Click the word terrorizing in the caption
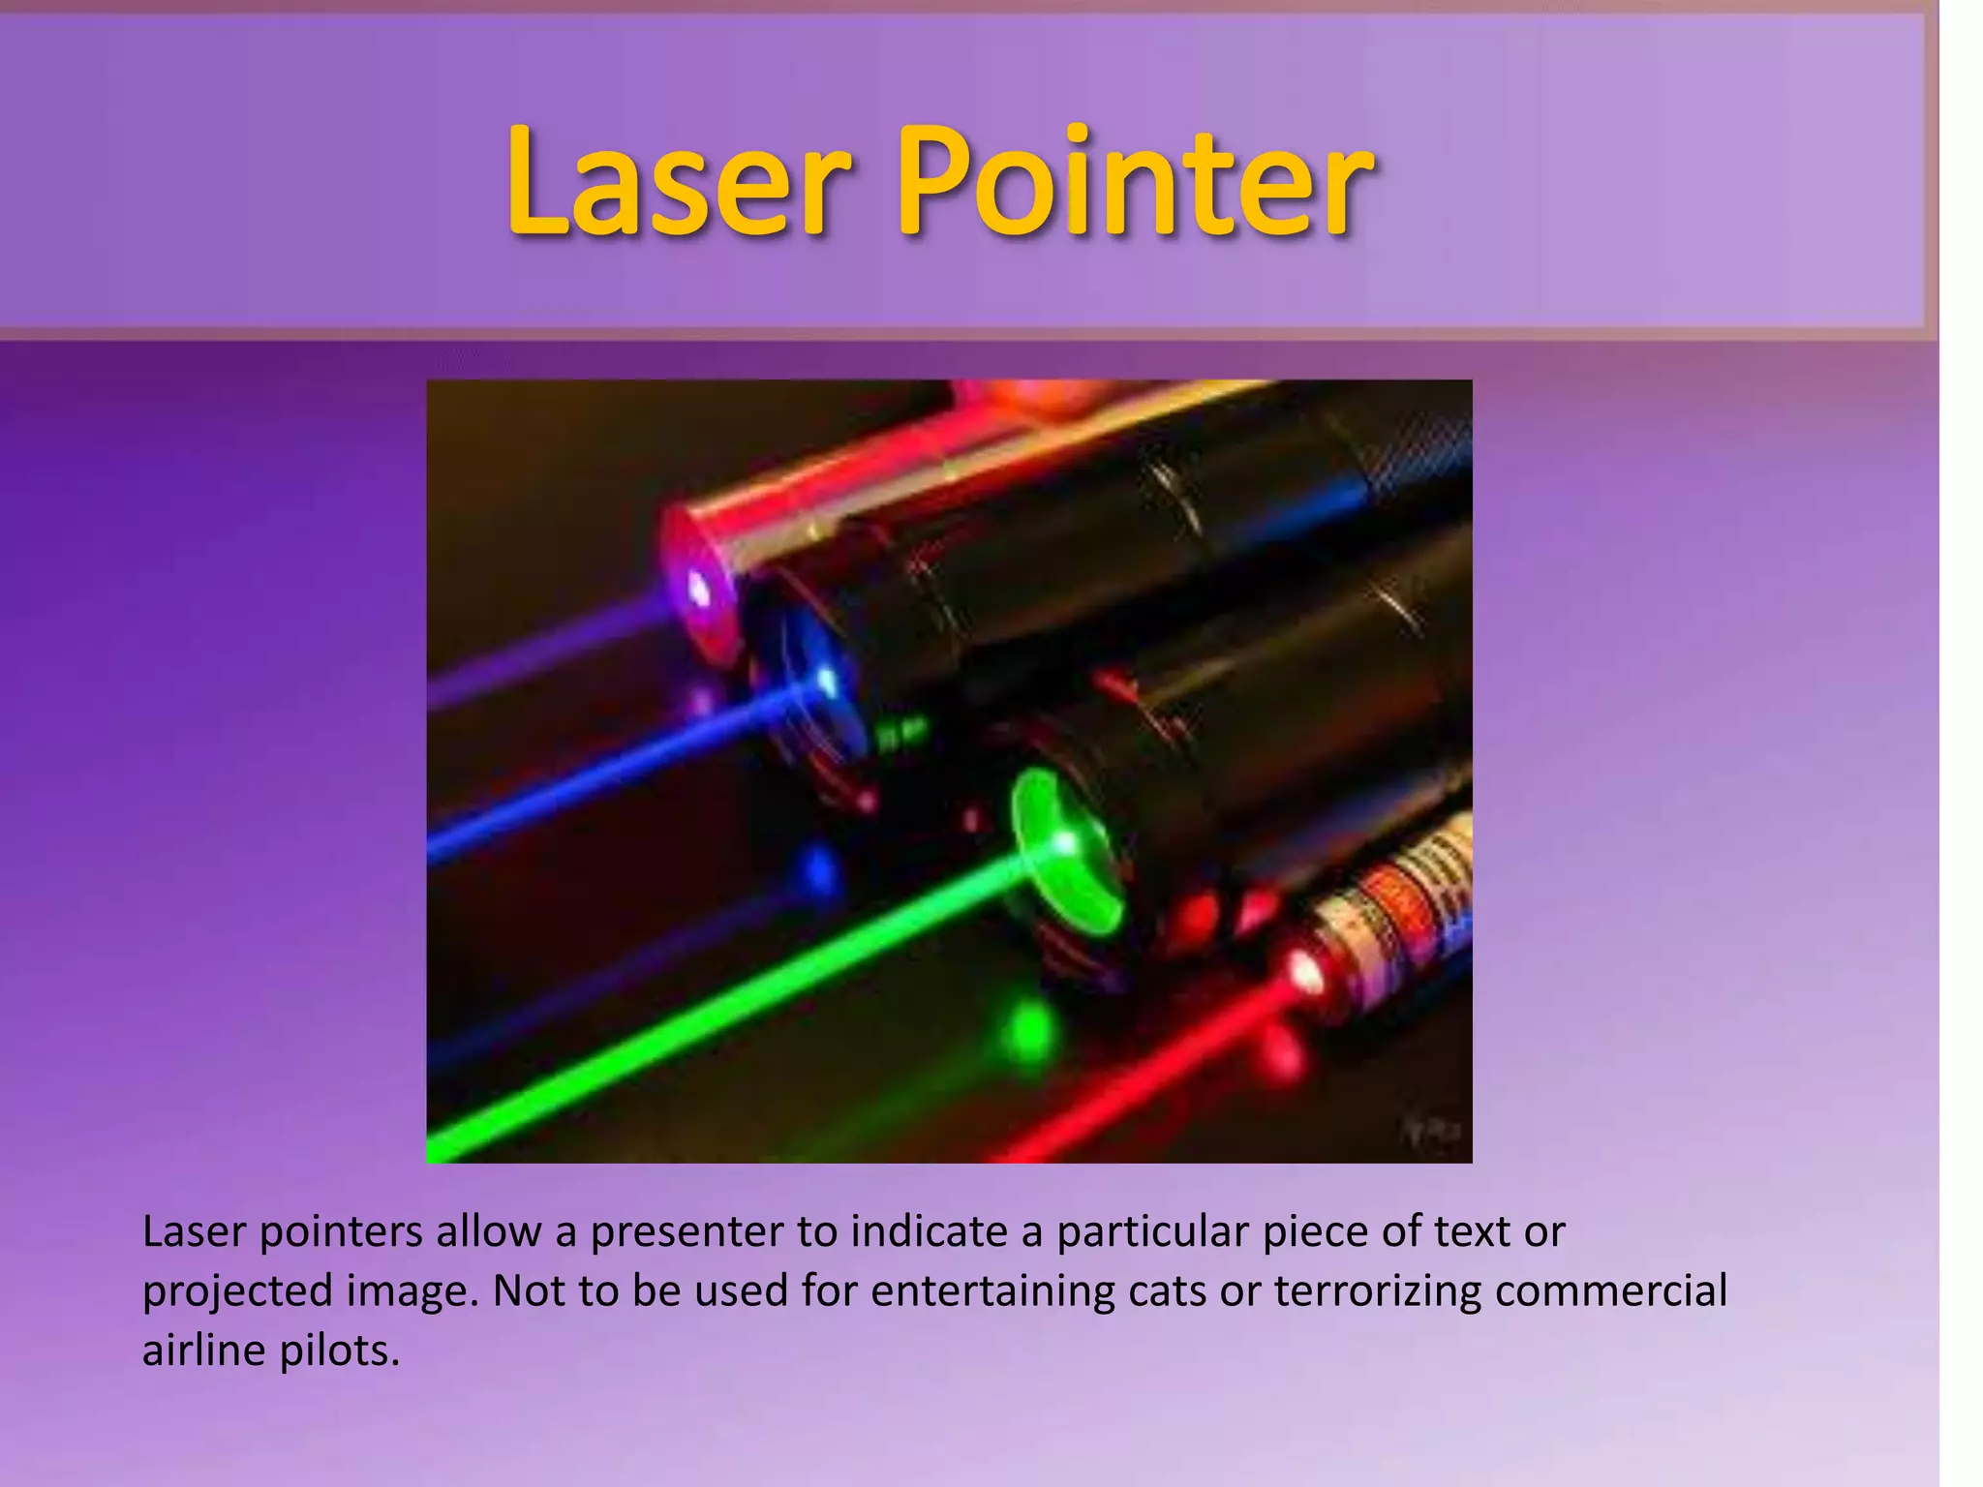(x=1377, y=1291)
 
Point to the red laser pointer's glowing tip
(x=1306, y=971)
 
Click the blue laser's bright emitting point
(x=826, y=682)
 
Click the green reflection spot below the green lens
(x=1028, y=1033)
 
